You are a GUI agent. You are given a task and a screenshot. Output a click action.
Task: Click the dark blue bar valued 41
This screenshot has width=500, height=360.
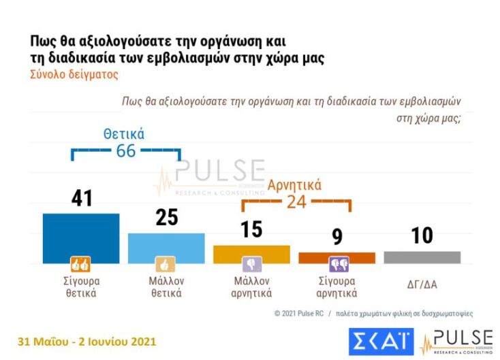point(81,235)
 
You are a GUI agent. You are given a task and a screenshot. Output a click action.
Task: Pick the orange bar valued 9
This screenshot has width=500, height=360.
point(337,258)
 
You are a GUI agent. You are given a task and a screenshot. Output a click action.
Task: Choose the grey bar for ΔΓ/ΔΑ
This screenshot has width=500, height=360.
point(422,257)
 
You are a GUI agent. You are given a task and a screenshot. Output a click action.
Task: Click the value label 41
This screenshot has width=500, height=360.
point(82,199)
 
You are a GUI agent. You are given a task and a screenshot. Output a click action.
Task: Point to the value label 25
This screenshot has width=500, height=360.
point(167,217)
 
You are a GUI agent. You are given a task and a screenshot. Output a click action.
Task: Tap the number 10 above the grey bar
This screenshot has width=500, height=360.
point(422,235)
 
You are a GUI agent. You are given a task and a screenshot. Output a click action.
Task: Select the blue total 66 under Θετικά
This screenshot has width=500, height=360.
point(126,151)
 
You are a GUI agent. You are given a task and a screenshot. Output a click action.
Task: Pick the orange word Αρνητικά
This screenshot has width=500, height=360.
point(295,184)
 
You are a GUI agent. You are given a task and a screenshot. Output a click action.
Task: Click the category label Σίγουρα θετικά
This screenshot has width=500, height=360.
point(81,287)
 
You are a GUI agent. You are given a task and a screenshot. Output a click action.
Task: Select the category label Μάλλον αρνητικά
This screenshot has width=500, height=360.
point(252,287)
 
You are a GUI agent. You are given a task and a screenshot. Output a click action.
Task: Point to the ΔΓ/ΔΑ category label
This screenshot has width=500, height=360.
point(422,281)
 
